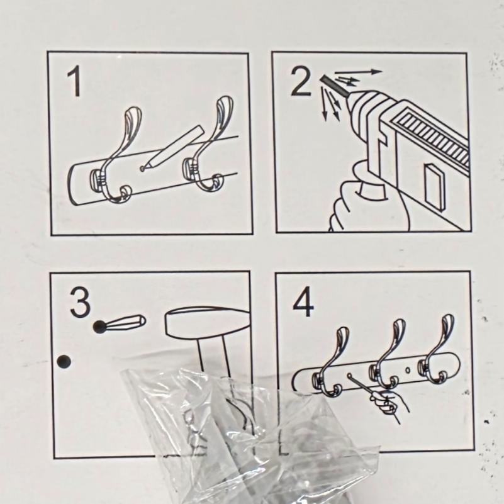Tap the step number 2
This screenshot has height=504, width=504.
(301, 82)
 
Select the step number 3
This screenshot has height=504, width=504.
(81, 302)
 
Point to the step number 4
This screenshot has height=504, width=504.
(303, 301)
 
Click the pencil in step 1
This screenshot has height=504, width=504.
(174, 147)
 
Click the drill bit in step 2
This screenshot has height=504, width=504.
(334, 86)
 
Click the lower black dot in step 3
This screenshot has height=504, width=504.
(64, 362)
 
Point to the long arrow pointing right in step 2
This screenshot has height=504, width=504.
(359, 72)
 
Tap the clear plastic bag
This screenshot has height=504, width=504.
(250, 434)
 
